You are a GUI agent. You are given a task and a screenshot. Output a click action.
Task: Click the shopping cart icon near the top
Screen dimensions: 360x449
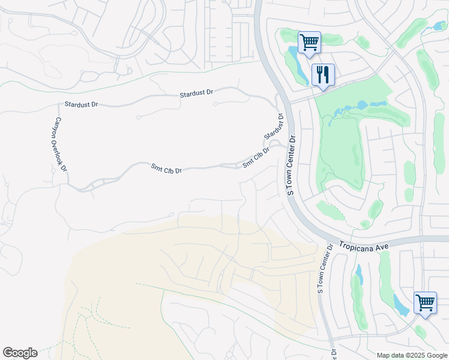309,43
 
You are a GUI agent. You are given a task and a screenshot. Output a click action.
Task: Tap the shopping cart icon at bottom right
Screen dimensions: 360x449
425,302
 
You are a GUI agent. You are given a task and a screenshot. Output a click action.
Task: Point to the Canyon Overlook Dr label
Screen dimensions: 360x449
61,144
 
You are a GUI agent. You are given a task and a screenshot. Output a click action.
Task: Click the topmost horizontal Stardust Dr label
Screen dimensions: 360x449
196,94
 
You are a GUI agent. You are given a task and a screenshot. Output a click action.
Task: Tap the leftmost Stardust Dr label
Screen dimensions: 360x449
82,104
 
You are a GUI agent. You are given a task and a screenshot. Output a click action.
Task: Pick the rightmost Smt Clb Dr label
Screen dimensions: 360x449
256,157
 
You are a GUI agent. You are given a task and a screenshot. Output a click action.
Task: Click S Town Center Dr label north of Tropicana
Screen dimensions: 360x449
292,165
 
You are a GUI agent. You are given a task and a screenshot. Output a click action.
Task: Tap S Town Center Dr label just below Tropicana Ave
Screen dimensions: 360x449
325,269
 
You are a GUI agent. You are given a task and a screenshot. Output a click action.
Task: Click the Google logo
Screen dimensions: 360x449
20,353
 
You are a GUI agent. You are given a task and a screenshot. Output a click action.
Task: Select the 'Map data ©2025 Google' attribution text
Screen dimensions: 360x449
411,355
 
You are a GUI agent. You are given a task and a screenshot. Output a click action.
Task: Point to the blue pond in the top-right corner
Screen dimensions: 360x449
438,26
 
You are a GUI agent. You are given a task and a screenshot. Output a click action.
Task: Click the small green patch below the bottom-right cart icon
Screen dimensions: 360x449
421,331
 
